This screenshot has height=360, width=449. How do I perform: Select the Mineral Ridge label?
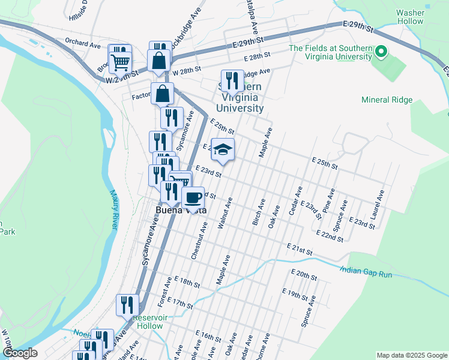(387, 100)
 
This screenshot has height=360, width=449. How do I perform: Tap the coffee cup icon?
(193, 197)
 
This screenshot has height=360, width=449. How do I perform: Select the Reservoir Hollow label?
(148, 322)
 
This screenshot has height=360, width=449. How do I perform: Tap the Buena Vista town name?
(181, 211)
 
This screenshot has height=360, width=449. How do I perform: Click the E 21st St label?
(301, 249)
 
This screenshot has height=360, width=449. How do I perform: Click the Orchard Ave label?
(83, 44)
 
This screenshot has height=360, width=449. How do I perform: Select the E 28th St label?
(258, 57)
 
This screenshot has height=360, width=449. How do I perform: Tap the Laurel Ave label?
(379, 205)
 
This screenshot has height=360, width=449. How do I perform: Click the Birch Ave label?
(260, 209)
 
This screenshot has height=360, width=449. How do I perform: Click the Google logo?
(19, 353)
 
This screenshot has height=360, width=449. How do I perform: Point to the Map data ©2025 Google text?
(411, 355)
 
